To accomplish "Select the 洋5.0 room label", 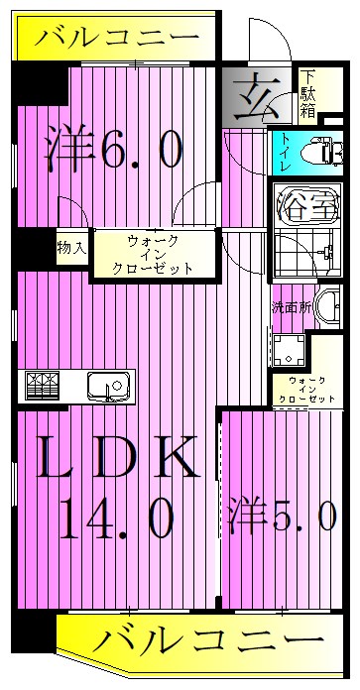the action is click(x=288, y=517).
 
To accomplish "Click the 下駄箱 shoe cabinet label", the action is click(x=309, y=94).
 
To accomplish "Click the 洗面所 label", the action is click(x=291, y=306).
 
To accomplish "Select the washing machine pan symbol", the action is click(x=289, y=351).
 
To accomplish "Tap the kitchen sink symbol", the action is click(x=104, y=384).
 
